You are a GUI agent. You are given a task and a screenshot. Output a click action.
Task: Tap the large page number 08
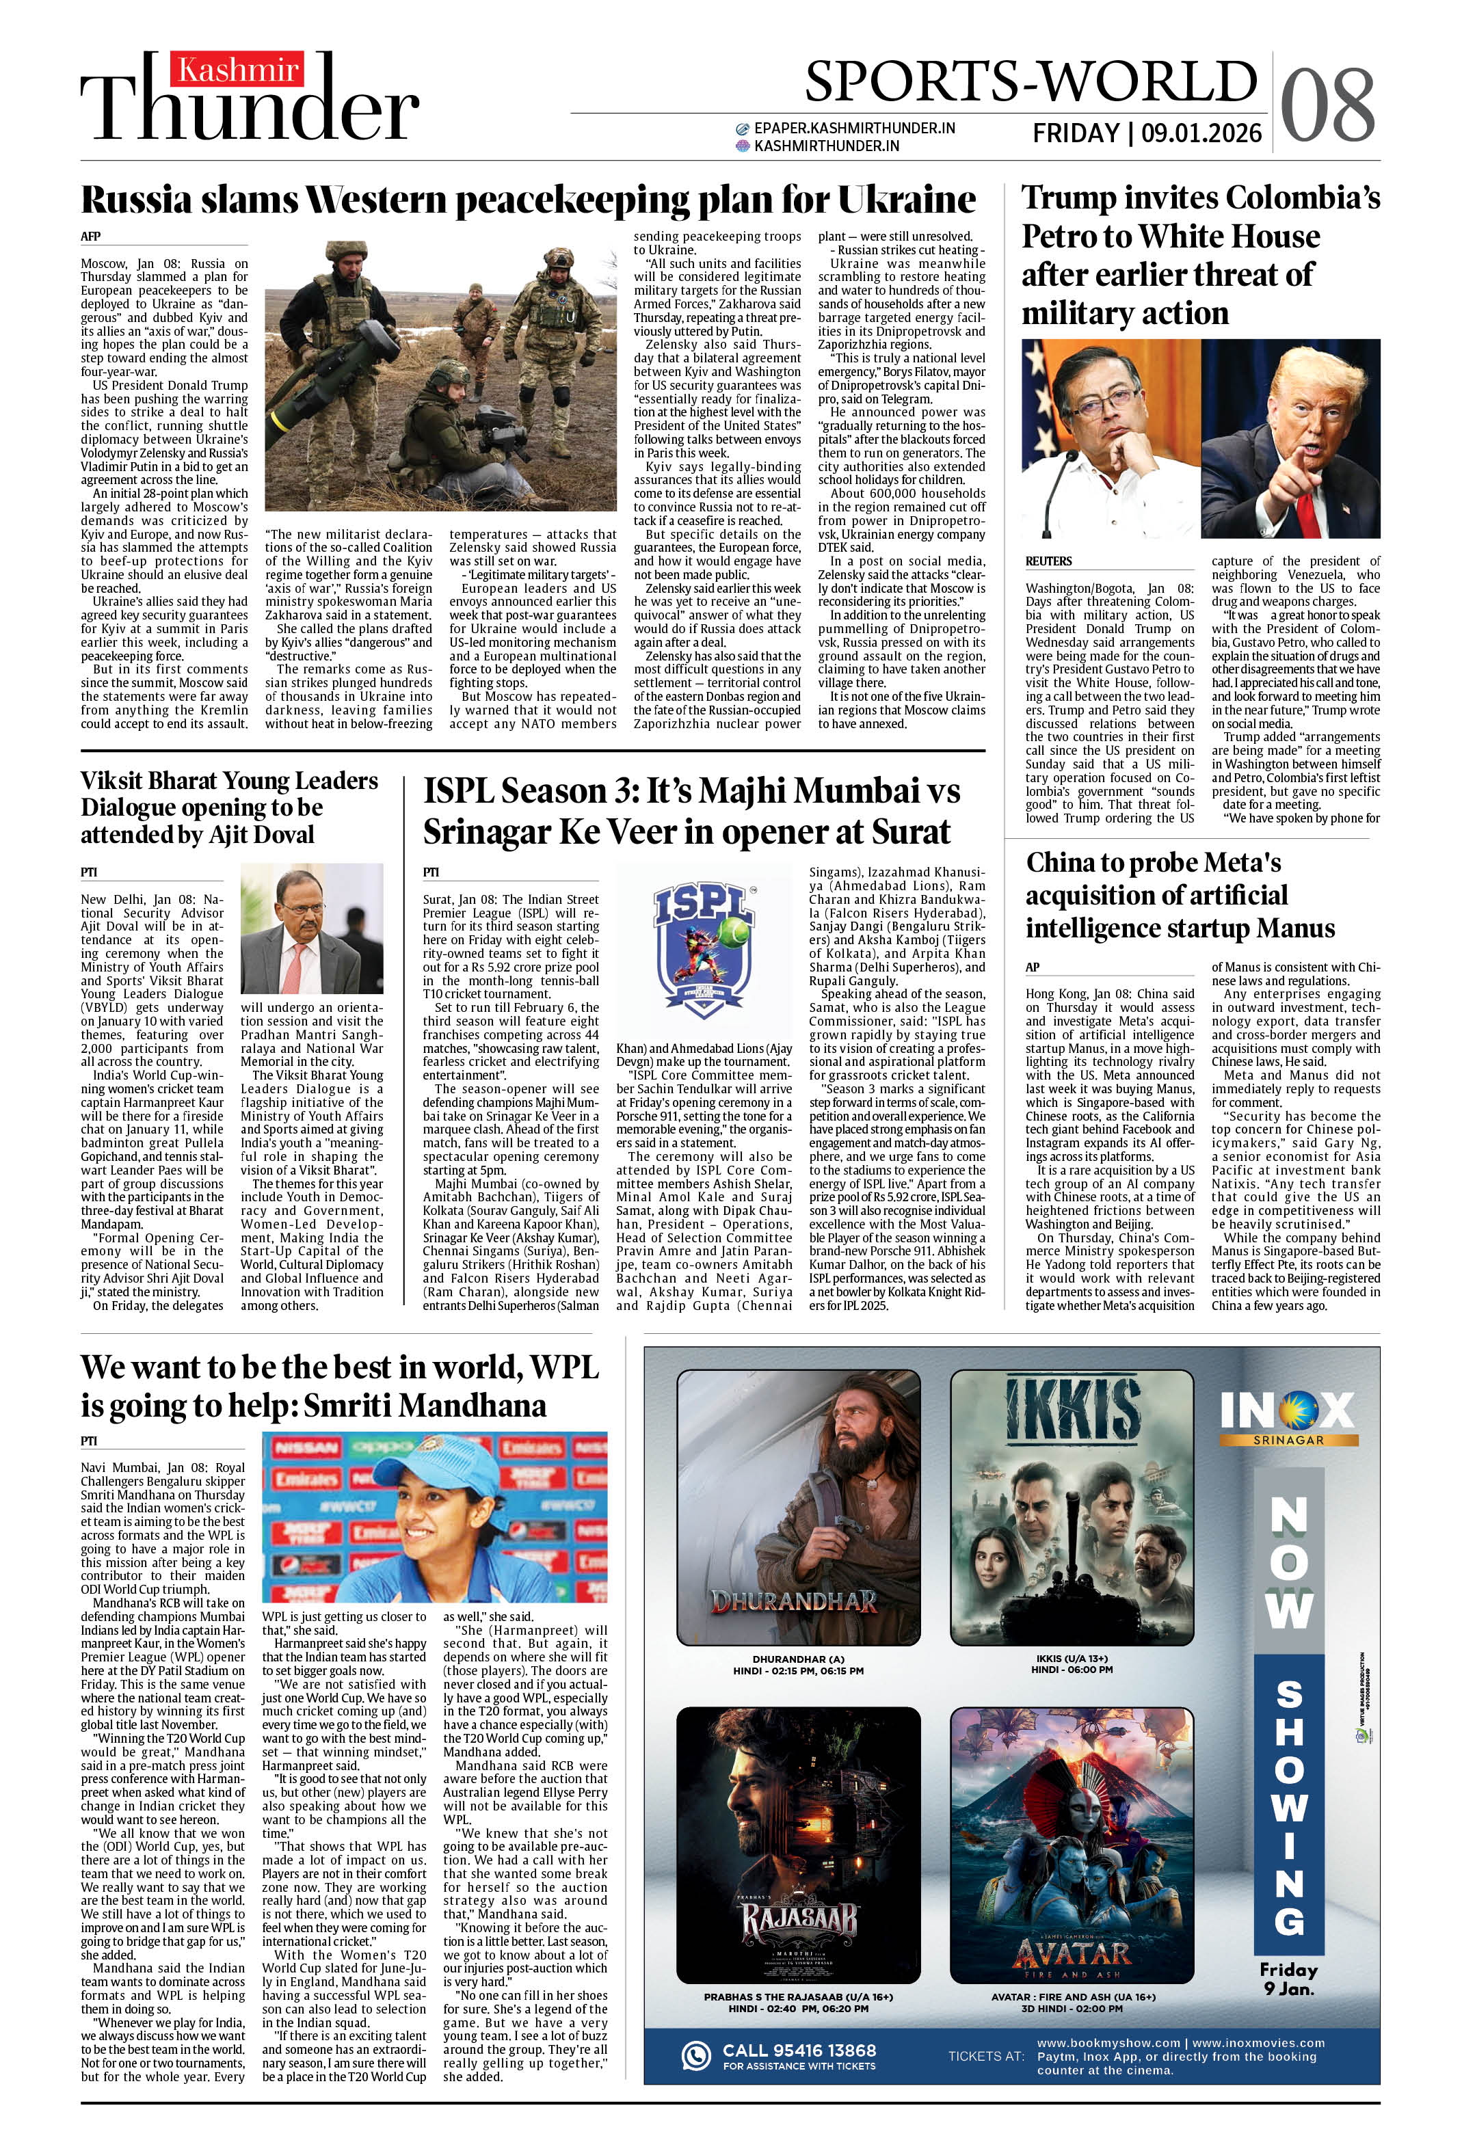(1327, 106)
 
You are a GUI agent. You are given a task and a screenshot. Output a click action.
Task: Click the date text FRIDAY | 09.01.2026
(1147, 133)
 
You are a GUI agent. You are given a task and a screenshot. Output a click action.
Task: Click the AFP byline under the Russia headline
(90, 237)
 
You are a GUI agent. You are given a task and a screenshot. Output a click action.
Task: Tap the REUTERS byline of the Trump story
(1048, 561)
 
